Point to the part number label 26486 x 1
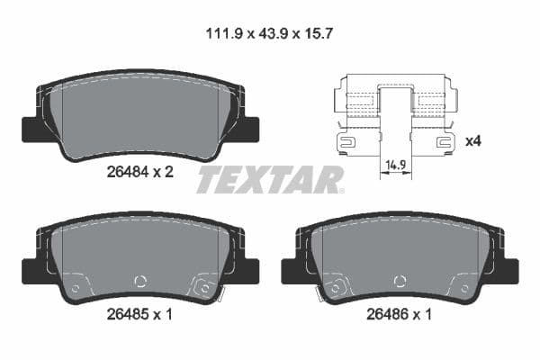400,314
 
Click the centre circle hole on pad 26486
400,280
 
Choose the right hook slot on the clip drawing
442,141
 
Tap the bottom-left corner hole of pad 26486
337,287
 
